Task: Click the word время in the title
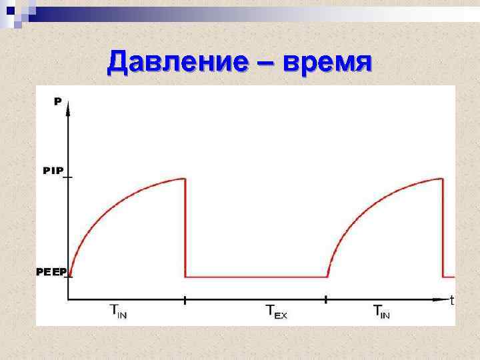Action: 327,63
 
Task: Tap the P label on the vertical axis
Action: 58,101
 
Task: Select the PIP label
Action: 53,171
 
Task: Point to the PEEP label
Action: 51,272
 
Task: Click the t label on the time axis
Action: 452,301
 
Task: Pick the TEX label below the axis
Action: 276,311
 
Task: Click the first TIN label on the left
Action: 118,311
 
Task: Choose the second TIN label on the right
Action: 382,311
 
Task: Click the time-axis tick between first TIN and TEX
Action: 185,299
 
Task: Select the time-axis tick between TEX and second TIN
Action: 327,299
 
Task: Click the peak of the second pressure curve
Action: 442,178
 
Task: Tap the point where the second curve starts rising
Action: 327,276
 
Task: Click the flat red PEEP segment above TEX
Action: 256,276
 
